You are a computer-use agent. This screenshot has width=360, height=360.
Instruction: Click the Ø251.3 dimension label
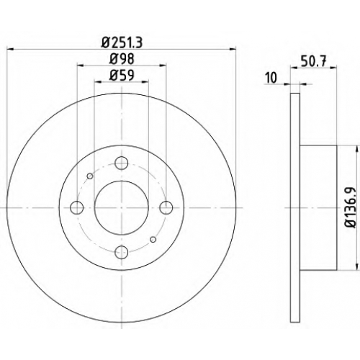122,42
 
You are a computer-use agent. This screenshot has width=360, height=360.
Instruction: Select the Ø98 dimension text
122,59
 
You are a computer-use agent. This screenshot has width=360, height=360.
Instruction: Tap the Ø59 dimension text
122,76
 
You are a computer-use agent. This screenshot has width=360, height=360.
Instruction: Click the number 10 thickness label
271,78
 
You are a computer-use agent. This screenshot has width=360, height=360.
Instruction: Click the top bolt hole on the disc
122,163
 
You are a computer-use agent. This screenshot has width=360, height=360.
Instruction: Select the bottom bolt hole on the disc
122,252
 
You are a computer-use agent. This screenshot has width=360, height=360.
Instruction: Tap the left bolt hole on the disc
77,207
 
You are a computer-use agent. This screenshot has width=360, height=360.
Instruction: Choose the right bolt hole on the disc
166,207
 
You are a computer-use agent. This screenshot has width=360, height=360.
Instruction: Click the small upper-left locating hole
90,176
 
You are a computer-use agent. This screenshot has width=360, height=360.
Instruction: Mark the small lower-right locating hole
153,239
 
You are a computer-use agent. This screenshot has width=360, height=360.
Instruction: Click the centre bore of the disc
122,207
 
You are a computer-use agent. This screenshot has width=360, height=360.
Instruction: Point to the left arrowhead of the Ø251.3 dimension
10,49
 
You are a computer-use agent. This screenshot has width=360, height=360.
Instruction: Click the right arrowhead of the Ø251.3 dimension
233,49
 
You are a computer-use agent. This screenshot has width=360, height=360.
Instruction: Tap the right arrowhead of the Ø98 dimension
163,65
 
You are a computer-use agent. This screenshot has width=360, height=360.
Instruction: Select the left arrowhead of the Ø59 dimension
97,82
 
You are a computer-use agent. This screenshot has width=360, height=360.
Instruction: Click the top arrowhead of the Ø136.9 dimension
356,148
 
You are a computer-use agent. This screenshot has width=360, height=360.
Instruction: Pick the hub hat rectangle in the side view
318,207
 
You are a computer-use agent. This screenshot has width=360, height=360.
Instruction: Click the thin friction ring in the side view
295,207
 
